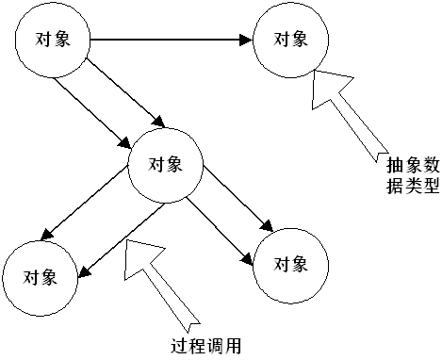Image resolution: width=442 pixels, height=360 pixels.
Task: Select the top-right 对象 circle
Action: pos(290,40)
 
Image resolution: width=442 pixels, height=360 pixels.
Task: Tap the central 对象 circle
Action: pos(166,163)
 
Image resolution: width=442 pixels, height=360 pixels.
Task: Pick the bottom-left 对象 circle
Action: pos(40,276)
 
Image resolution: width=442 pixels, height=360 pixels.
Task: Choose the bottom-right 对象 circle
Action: pos(290,264)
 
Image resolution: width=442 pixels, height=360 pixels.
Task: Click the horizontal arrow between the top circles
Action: pos(170,40)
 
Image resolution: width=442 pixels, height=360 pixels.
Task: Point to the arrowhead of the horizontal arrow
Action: pos(248,40)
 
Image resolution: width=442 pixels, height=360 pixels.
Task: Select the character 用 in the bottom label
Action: pos(232,345)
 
